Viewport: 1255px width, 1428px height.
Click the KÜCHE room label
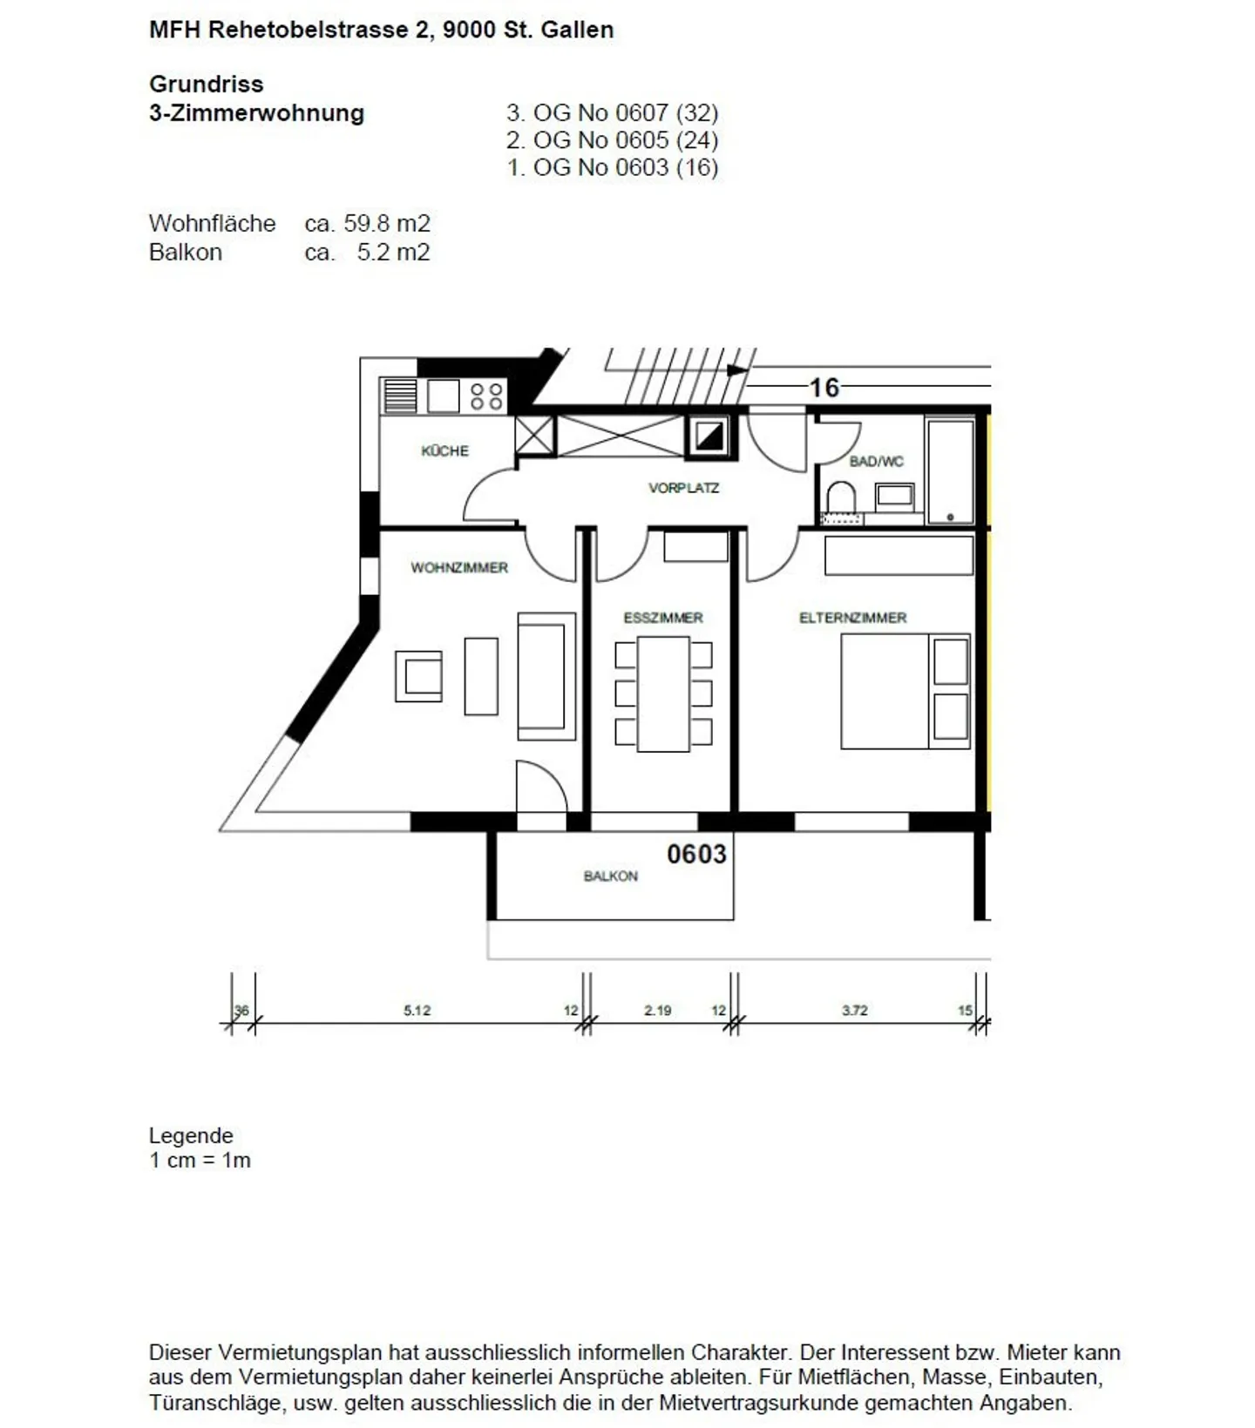tap(444, 450)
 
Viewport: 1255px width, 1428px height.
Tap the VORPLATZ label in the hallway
tap(683, 488)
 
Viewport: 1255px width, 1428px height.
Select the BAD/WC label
tap(876, 461)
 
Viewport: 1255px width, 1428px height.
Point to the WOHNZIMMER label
tap(459, 567)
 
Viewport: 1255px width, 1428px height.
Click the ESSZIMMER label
tap(662, 618)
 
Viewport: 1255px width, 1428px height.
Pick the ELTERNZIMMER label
tap(852, 618)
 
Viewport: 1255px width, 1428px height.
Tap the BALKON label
tap(610, 876)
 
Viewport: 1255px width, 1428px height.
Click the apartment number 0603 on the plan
tap(696, 854)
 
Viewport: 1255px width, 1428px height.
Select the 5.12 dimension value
tap(417, 1011)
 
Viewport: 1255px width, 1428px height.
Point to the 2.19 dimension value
tap(657, 1011)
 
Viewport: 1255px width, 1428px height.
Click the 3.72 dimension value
tap(854, 1011)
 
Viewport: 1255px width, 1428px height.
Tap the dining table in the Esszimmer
tap(663, 694)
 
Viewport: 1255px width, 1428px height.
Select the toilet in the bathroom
tap(840, 497)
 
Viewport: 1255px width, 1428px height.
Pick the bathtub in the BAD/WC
tap(950, 471)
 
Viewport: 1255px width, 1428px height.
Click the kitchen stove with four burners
tap(486, 396)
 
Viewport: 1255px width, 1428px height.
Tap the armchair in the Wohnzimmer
tap(418, 676)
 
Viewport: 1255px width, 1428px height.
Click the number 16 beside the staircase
tap(824, 387)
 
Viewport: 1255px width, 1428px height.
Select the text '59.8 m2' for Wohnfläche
tap(386, 223)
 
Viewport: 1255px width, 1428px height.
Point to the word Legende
tap(191, 1135)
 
